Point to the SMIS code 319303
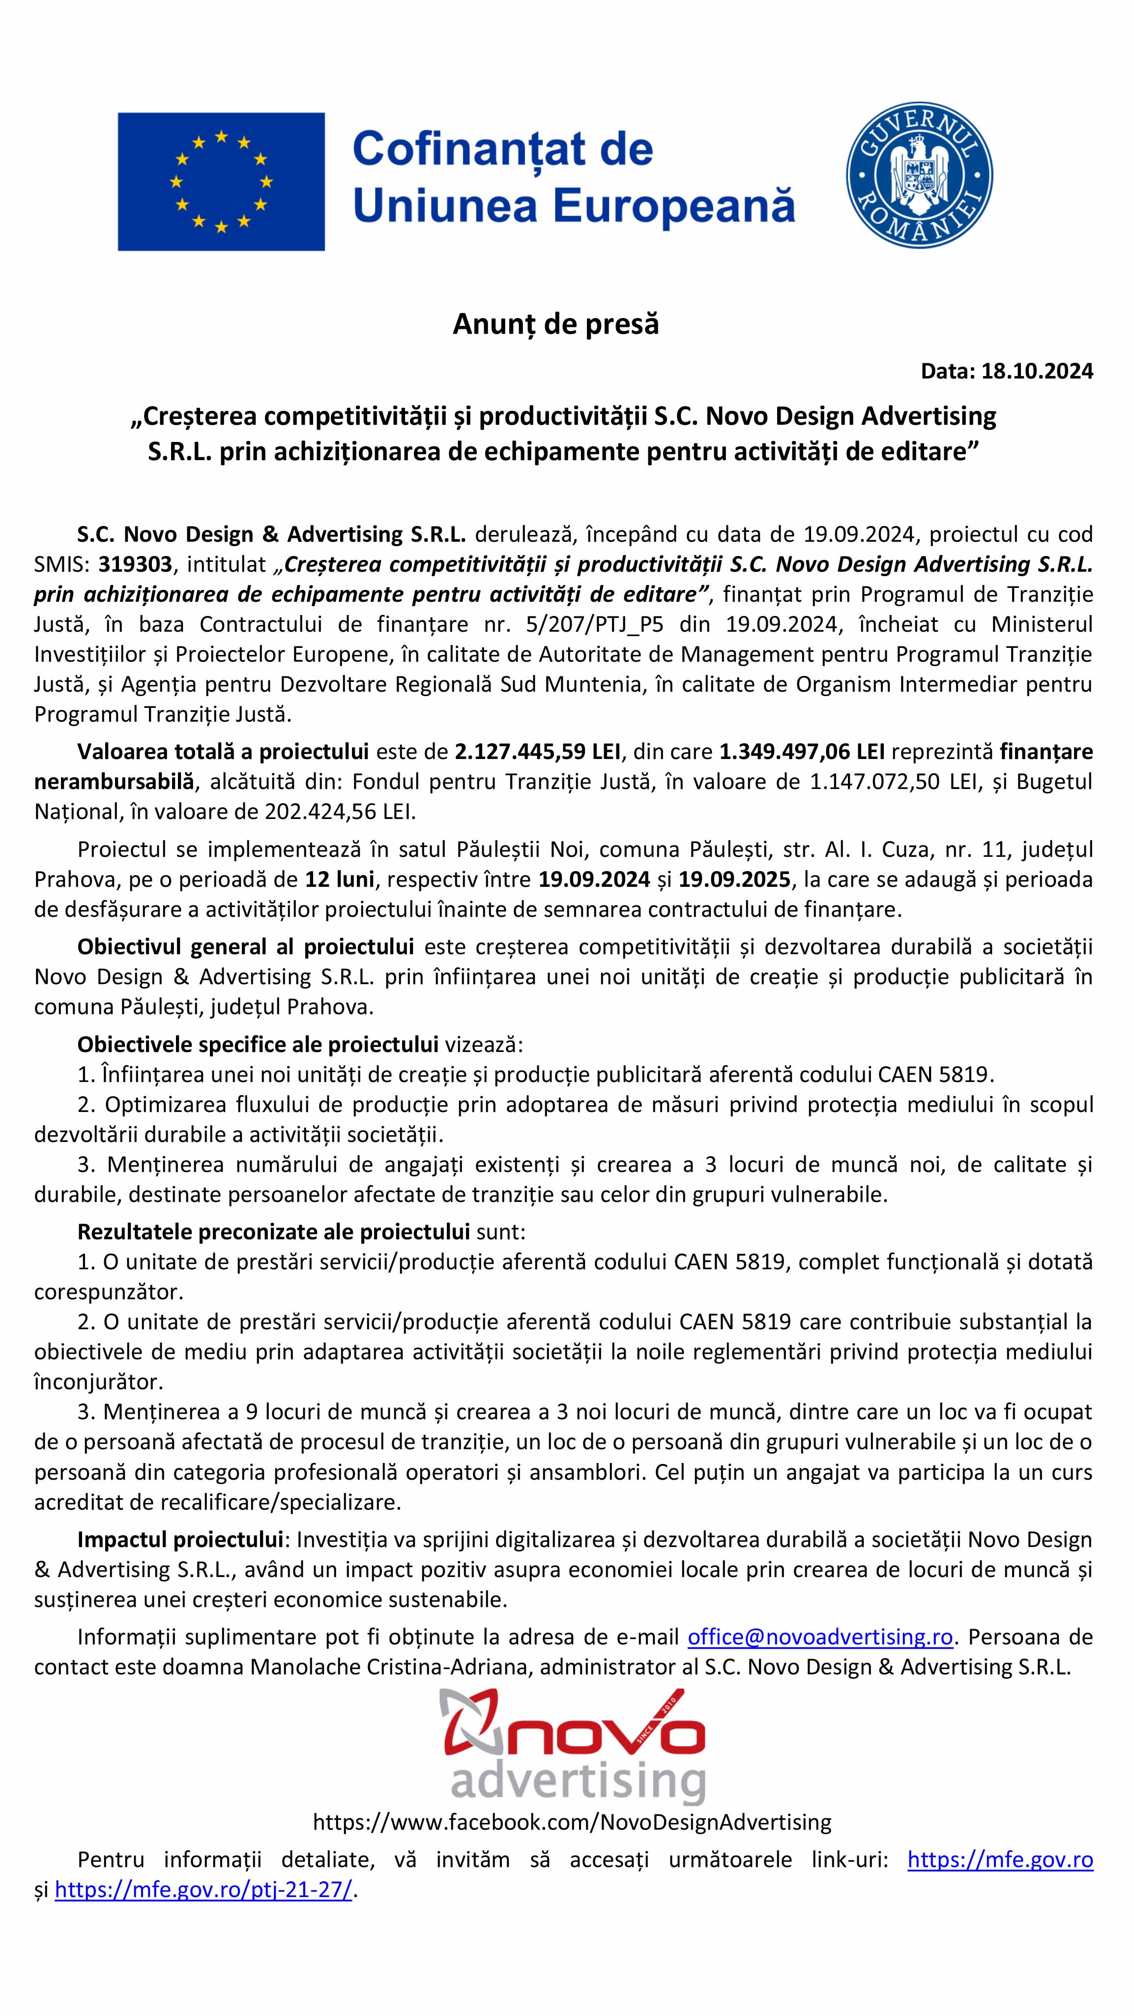(x=135, y=564)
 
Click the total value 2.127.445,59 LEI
(x=538, y=751)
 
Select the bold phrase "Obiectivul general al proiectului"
(x=245, y=947)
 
